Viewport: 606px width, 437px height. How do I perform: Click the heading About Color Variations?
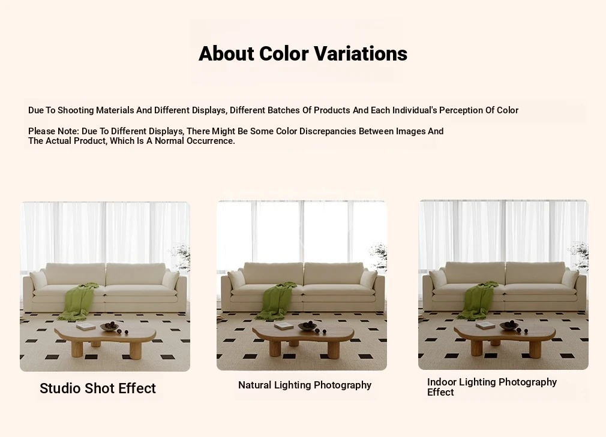(303, 54)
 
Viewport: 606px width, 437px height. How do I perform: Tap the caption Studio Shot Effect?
(98, 388)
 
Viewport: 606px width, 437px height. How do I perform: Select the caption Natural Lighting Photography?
(305, 385)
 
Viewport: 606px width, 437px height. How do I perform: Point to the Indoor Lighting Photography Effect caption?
(491, 387)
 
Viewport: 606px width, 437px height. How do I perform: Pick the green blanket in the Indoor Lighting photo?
(479, 300)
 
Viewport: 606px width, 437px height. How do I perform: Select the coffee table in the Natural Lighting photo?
(303, 338)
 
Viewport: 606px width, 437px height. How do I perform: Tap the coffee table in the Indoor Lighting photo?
(505, 337)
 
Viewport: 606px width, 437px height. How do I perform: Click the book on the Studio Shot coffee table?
(86, 327)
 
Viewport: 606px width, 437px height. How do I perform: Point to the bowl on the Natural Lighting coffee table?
(308, 326)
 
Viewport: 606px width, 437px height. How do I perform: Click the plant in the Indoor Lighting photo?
(580, 255)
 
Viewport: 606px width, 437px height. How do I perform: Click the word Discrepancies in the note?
(328, 131)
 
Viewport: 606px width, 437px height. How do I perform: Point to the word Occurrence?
(211, 141)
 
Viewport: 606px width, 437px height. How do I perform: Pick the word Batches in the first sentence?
(284, 110)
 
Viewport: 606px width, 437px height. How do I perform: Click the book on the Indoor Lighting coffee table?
(485, 326)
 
